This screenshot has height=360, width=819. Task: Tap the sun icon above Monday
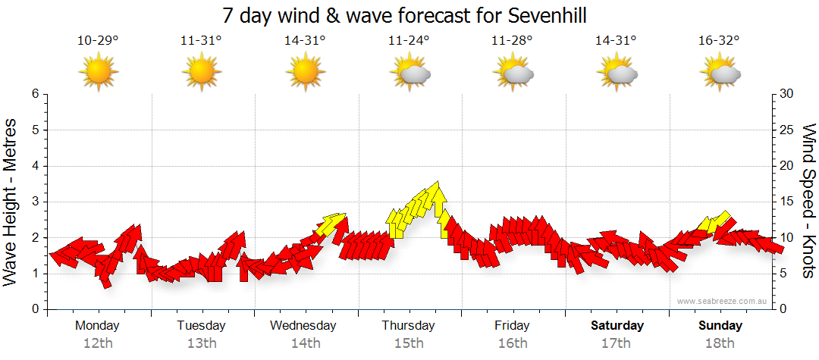coord(99,73)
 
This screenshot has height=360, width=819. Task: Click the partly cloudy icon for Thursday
coord(409,73)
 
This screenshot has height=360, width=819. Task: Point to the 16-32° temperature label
coord(720,40)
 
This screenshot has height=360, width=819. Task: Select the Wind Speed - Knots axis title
coord(808,202)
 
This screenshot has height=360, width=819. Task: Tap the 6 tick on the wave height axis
coord(34,94)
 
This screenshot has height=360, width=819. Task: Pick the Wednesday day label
coord(303,325)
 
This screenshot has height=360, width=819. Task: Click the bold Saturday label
coord(617,325)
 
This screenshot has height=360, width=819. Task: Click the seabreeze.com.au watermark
coord(723,301)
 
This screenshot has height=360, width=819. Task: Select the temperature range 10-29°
coord(98,40)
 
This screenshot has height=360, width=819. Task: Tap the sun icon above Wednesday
coord(306,73)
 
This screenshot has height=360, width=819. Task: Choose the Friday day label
coord(512,325)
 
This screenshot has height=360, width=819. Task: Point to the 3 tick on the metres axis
coord(34,202)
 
